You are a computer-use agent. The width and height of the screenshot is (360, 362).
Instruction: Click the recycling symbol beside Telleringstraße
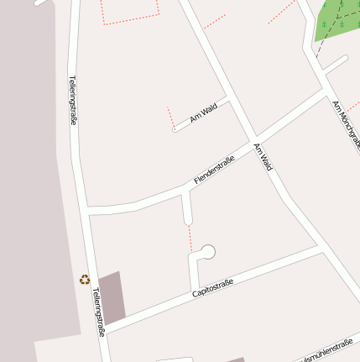tap(84, 280)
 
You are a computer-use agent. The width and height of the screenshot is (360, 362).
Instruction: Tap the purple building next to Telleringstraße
tap(112, 296)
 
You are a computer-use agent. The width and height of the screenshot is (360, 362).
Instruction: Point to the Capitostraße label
tap(212, 288)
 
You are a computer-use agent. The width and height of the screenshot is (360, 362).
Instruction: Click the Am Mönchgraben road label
tap(347, 125)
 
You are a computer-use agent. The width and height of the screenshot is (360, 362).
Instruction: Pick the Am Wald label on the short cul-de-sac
tap(203, 113)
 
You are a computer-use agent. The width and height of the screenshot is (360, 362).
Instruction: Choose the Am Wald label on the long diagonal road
tap(263, 157)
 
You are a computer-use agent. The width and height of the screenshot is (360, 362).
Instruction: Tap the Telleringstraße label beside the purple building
tap(100, 312)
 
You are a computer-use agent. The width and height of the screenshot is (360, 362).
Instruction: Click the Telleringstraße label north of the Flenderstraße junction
tap(72, 101)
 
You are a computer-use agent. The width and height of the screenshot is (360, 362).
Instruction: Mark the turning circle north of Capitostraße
tap(207, 251)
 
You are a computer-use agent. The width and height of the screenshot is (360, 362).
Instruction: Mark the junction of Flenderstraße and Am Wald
tap(254, 139)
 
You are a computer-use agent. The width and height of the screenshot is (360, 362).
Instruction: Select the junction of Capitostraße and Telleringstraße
tap(104, 328)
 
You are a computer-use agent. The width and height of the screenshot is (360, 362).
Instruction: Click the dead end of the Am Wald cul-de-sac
tap(175, 130)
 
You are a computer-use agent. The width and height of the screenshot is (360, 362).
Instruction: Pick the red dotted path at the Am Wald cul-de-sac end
tap(170, 118)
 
